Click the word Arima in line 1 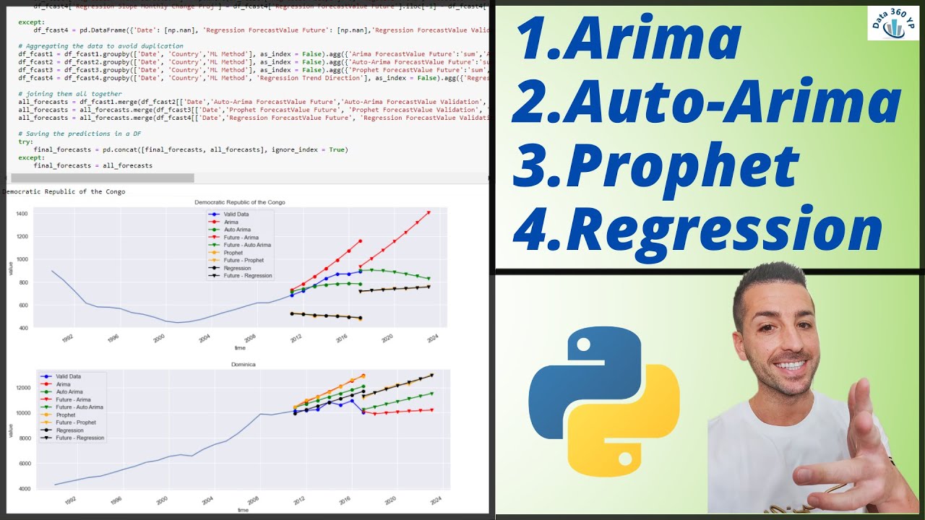coord(650,38)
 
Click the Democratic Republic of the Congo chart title coord(240,202)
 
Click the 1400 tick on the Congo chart coord(20,214)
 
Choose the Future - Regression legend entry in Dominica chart coord(79,438)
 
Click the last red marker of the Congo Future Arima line coord(429,212)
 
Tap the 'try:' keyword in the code coord(25,142)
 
